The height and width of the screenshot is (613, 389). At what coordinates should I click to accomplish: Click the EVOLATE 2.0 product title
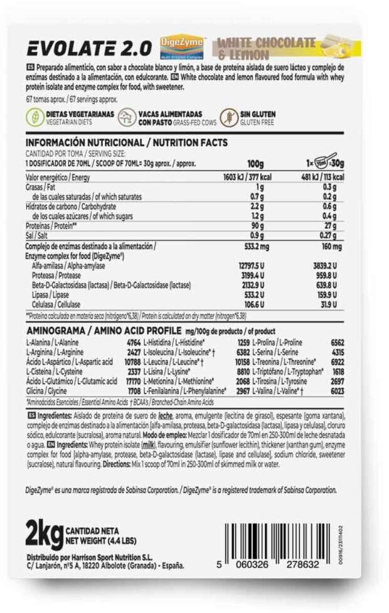click(x=88, y=47)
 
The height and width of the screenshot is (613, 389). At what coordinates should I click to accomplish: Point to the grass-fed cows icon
click(x=129, y=116)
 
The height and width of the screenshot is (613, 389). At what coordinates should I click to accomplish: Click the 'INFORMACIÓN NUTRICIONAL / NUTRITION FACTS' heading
click(x=126, y=142)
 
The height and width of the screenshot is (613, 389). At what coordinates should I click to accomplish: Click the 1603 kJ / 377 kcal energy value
click(x=242, y=178)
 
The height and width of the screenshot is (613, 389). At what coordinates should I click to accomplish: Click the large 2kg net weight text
click(x=43, y=534)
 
